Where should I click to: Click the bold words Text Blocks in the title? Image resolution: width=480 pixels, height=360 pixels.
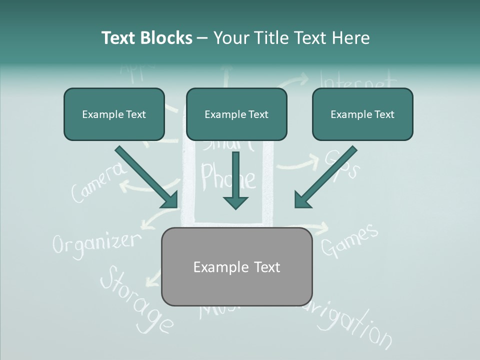coord(146,38)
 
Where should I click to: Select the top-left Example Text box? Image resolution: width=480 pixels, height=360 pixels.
coord(114,114)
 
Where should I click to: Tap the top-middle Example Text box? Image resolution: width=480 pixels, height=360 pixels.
coord(236,114)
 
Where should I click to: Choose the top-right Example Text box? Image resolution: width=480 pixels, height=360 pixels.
coord(362,114)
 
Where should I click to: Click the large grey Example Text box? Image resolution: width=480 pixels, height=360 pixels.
coord(237,267)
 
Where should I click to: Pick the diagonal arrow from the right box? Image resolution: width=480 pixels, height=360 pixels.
coord(325,177)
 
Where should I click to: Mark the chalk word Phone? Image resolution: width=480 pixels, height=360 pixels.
coord(227,176)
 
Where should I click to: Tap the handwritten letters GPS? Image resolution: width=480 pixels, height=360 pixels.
coord(341,164)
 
